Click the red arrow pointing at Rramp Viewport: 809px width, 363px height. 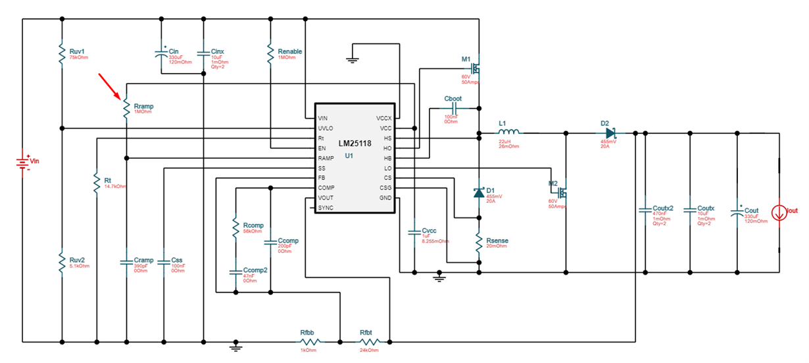pyautogui.click(x=109, y=86)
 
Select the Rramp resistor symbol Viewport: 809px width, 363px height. pyautogui.click(x=126, y=107)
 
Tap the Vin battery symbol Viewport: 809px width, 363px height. pyautogui.click(x=23, y=163)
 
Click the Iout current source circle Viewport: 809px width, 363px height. pyautogui.click(x=779, y=213)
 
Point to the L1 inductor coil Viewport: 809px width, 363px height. pyautogui.click(x=509, y=132)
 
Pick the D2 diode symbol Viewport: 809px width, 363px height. pyautogui.click(x=611, y=133)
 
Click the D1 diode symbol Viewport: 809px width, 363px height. pyautogui.click(x=479, y=192)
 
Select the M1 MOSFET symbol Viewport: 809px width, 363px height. pyautogui.click(x=476, y=68)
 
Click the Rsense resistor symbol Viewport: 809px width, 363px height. pyautogui.click(x=479, y=243)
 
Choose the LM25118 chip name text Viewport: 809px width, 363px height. pyautogui.click(x=355, y=144)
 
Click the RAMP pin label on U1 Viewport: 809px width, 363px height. pyautogui.click(x=326, y=158)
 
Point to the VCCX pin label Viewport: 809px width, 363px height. pyautogui.click(x=383, y=119)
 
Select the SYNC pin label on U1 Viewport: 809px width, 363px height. pyautogui.click(x=326, y=208)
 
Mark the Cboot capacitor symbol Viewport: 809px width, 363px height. pyautogui.click(x=454, y=108)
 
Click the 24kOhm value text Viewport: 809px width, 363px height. pyautogui.click(x=369, y=350)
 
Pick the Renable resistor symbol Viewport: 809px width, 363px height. pyautogui.click(x=270, y=54)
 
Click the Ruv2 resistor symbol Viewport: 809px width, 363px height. pyautogui.click(x=62, y=263)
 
